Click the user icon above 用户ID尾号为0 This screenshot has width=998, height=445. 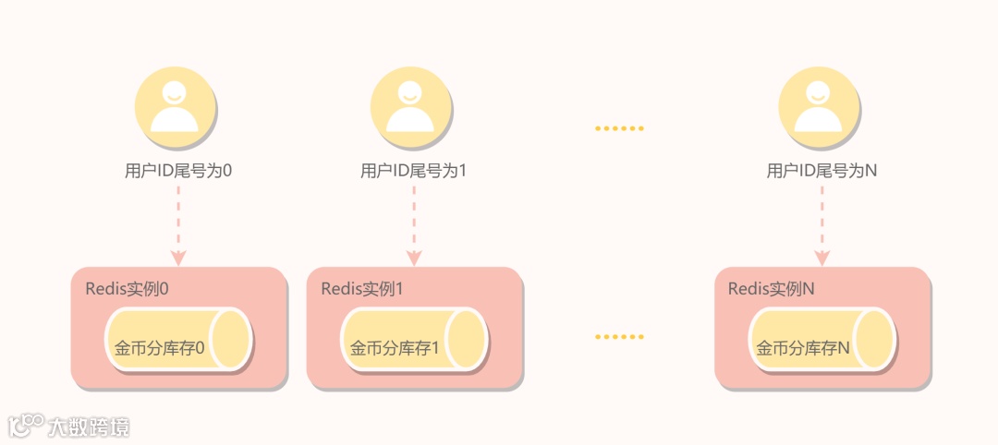[175, 109]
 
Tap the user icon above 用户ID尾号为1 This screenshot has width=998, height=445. [410, 109]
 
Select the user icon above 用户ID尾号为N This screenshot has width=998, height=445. [818, 109]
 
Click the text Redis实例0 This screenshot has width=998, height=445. [127, 288]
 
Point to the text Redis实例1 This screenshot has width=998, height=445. [362, 288]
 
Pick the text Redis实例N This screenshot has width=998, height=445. [771, 288]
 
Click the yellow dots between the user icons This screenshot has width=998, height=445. [617, 128]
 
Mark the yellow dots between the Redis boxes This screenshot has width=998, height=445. [617, 336]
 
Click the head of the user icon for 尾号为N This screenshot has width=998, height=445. [818, 92]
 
